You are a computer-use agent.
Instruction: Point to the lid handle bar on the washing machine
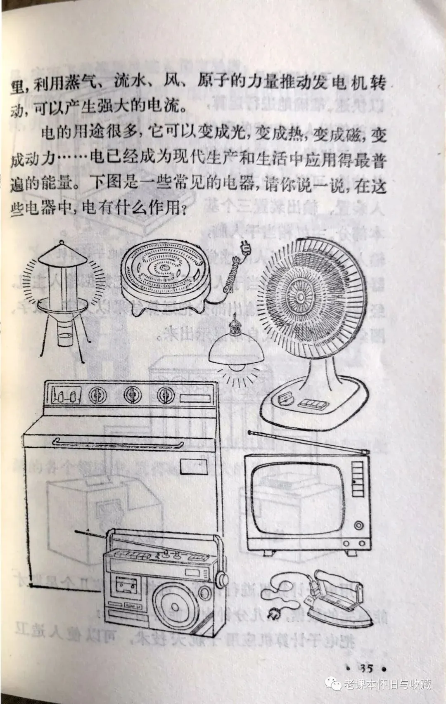tap(118, 444)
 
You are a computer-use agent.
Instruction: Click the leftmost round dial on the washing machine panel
tap(97, 395)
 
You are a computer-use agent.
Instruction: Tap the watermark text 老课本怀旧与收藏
tap(387, 685)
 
